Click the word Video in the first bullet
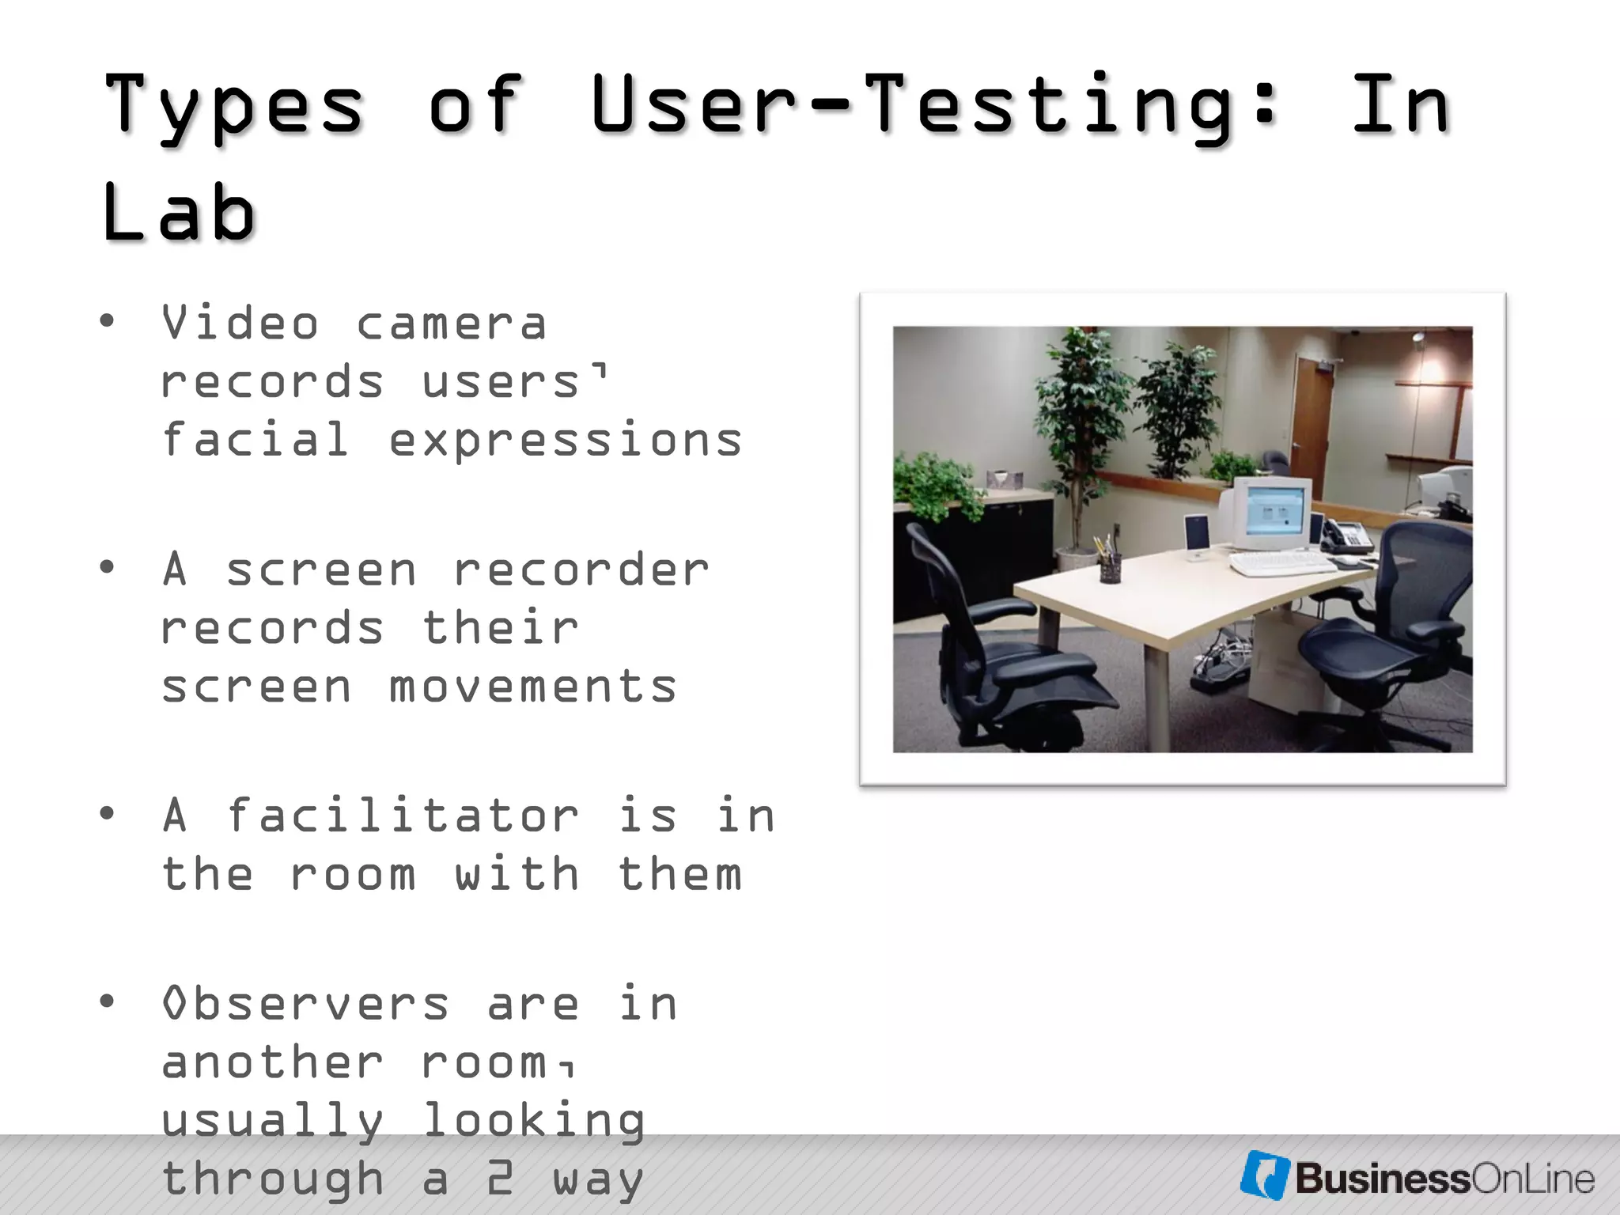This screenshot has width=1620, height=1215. tap(240, 324)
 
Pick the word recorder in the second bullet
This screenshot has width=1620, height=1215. tap(581, 570)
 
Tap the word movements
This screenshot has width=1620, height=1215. tap(532, 686)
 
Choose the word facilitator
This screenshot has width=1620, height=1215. tap(403, 816)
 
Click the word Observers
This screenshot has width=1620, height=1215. tap(305, 1005)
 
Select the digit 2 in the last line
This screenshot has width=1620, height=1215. tap(500, 1179)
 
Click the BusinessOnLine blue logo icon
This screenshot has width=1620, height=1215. tap(1264, 1175)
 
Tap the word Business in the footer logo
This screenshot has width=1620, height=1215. tap(1381, 1179)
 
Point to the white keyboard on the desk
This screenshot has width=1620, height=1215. tap(1282, 563)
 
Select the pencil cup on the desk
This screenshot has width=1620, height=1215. tap(1110, 567)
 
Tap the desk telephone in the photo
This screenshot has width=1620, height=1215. tap(1348, 536)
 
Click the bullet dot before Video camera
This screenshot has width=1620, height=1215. tap(107, 322)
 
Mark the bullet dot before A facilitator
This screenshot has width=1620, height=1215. tap(107, 814)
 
